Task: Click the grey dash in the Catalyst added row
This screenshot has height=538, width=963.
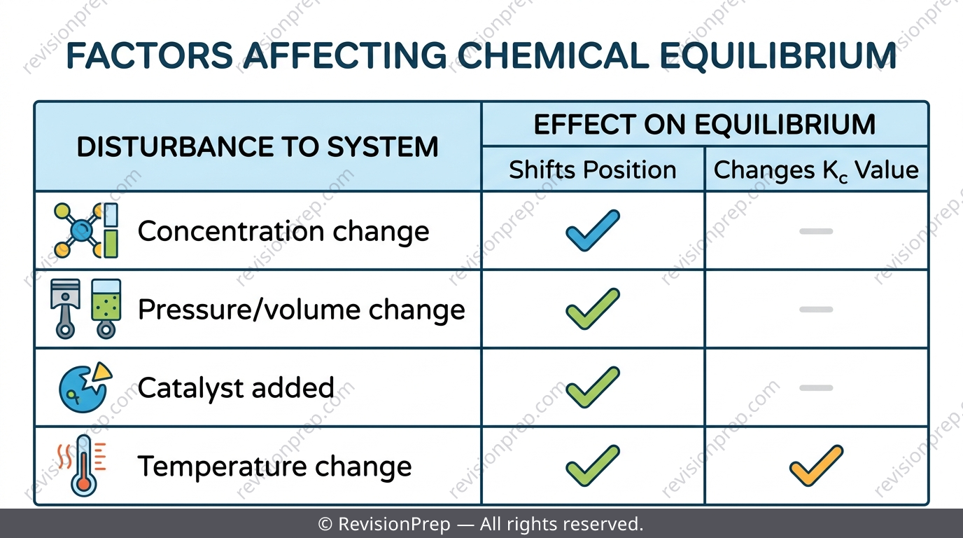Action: (816, 388)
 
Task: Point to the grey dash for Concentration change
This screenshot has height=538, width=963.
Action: (816, 231)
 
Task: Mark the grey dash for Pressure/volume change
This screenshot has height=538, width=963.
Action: (816, 310)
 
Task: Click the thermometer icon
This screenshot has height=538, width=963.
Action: (83, 466)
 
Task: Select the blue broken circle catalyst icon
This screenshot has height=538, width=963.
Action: (85, 387)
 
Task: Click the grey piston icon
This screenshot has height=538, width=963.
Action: (65, 308)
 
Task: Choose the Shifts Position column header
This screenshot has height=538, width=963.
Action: (592, 170)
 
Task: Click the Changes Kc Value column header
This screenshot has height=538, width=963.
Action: (816, 170)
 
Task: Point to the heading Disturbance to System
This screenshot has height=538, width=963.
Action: (258, 147)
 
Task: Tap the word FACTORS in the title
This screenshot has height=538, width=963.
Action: (150, 55)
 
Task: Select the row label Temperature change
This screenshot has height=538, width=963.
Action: (275, 467)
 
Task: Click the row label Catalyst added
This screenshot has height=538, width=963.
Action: (236, 388)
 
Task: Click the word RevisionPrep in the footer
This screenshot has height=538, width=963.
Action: (394, 524)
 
